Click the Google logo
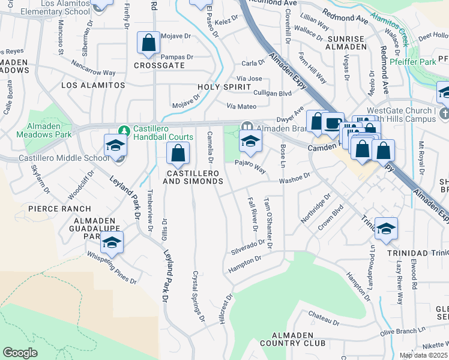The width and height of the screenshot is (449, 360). [20, 353]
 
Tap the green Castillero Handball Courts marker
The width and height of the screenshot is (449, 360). [124, 130]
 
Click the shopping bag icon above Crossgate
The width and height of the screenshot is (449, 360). [148, 43]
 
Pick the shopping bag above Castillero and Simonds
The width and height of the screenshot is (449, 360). [178, 154]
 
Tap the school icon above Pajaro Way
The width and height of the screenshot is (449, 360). [250, 142]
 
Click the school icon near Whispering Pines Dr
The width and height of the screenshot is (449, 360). [111, 242]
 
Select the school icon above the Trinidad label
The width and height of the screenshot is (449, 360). [386, 229]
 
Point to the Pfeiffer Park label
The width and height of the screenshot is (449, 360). [412, 62]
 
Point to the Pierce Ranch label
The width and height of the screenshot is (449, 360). [59, 209]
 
